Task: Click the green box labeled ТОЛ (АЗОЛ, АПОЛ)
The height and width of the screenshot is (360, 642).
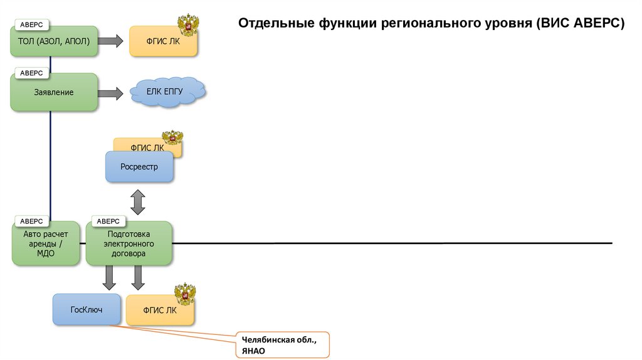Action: pos(54,42)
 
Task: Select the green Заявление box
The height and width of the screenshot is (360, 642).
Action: pos(54,93)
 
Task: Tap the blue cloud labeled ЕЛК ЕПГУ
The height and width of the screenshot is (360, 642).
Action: pos(167,92)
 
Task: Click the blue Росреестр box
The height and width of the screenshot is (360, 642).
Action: pos(139,167)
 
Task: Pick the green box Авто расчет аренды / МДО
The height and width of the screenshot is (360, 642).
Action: pos(46,245)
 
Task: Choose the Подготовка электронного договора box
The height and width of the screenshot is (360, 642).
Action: pos(129,245)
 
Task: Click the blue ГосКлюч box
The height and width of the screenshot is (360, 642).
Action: pos(87,309)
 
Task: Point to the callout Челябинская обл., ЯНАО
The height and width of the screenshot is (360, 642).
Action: pos(282,345)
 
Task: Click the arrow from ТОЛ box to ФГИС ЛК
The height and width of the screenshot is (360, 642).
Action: pos(111,41)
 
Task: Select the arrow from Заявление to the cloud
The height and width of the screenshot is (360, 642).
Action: pos(111,93)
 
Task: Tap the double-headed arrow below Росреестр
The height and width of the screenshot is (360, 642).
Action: pos(138,202)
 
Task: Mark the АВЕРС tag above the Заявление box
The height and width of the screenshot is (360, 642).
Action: pos(31,73)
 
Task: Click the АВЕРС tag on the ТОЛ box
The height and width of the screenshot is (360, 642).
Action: pos(31,24)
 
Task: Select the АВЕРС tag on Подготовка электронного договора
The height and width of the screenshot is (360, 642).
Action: pos(108,221)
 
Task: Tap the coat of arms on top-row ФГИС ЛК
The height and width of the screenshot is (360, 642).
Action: pos(188,25)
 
